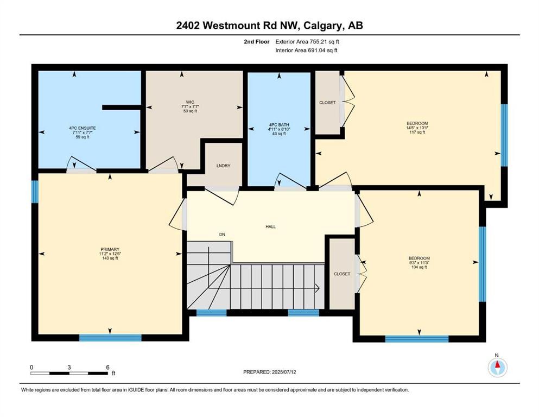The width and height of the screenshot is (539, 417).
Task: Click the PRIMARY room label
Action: tap(109, 249)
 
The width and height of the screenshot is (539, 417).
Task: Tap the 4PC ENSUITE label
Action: tap(76, 128)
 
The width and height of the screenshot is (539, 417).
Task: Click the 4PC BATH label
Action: tap(280, 125)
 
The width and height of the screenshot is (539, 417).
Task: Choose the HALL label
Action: tap(270, 226)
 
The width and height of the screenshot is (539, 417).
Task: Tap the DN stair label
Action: tap(222, 235)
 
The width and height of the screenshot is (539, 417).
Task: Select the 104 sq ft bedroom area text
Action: tap(419, 267)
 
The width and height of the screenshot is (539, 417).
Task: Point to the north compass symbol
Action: tap(497, 368)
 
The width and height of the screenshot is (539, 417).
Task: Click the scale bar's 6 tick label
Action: tap(107, 367)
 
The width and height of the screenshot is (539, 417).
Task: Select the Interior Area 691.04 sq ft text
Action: tap(307, 50)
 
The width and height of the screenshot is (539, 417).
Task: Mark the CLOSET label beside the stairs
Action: tap(342, 274)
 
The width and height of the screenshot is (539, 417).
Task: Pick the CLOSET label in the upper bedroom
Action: tap(327, 103)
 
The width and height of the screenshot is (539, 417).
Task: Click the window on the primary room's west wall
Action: tap(35, 192)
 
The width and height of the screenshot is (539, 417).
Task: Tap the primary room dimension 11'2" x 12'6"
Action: tap(109, 254)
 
